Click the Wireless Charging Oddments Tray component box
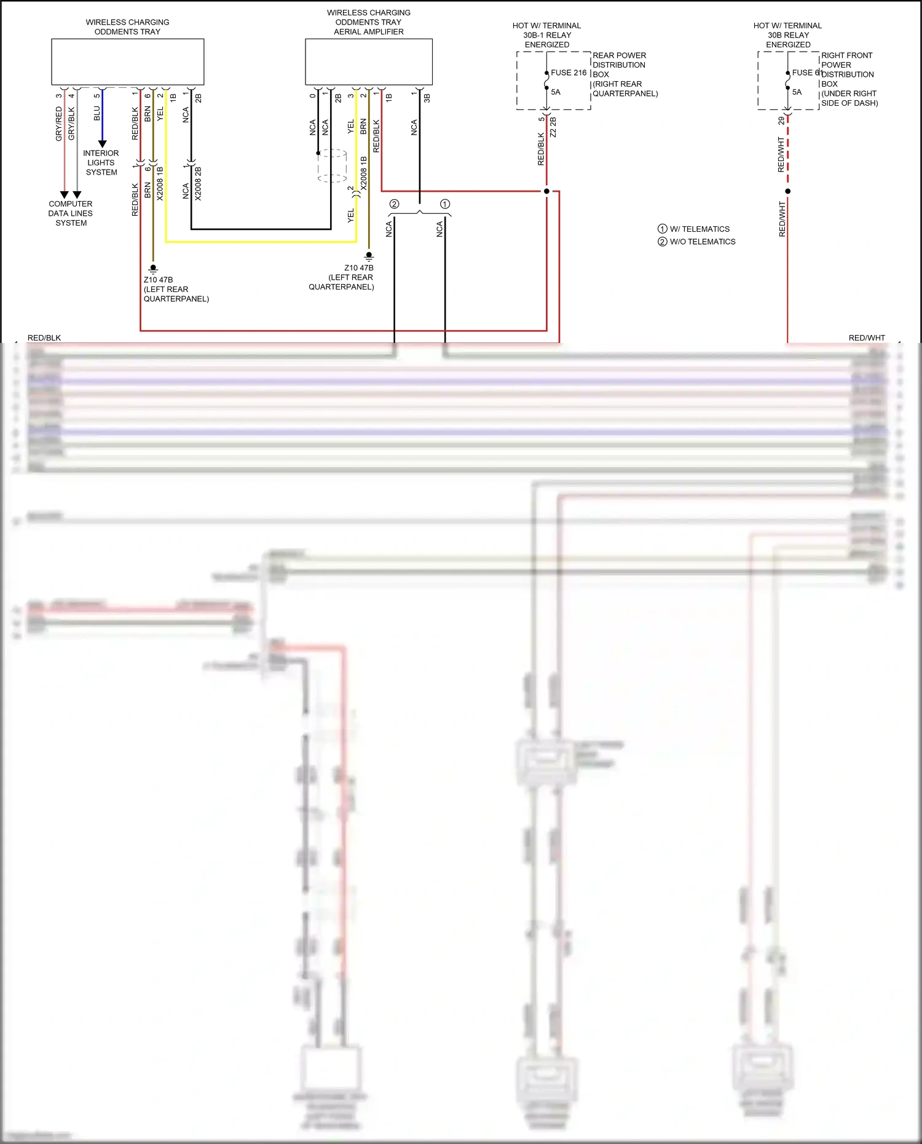point(127,61)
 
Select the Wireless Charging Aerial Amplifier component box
point(369,61)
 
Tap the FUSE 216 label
point(569,73)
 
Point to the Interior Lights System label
point(101,163)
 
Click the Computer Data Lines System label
point(71,213)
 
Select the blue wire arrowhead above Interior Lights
point(102,144)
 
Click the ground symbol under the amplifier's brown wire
point(369,255)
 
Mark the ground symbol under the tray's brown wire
point(153,269)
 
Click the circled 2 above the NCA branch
point(394,204)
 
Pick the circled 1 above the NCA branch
point(445,204)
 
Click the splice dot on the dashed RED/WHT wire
point(788,191)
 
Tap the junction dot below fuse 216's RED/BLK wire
point(546,191)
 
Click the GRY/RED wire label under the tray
point(59,123)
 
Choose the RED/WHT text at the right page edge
point(867,337)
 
